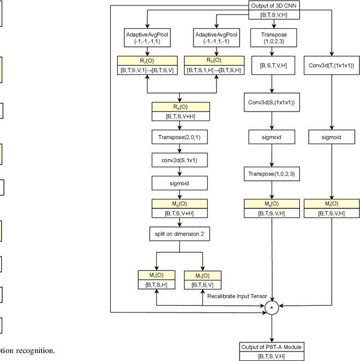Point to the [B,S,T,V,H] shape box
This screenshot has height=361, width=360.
point(272,66)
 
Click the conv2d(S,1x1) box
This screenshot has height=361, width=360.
point(179,160)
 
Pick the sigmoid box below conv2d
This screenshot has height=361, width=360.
point(179,183)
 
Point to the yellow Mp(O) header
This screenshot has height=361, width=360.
point(179,204)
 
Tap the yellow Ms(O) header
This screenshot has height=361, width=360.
point(272,204)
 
